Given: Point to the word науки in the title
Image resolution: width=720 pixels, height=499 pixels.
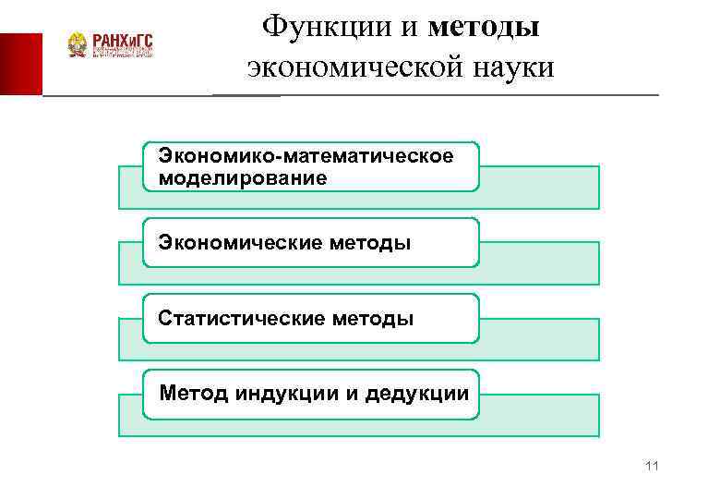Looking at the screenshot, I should point(503,67).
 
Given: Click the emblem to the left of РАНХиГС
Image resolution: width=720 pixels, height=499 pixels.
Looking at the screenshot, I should point(78,45).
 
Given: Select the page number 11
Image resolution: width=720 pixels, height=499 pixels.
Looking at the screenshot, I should point(653,466).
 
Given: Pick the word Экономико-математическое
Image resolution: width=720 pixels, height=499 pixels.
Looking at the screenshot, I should point(306,156).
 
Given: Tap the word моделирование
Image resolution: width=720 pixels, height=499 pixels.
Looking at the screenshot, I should point(243,177).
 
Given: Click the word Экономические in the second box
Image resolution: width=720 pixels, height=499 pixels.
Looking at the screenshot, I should point(240,243).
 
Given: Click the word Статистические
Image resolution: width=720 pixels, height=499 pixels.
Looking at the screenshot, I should point(242,319).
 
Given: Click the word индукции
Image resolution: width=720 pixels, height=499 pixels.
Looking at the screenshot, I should point(286,395).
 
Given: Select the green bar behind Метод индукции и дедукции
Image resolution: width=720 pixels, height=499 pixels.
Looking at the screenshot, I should point(540,415).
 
